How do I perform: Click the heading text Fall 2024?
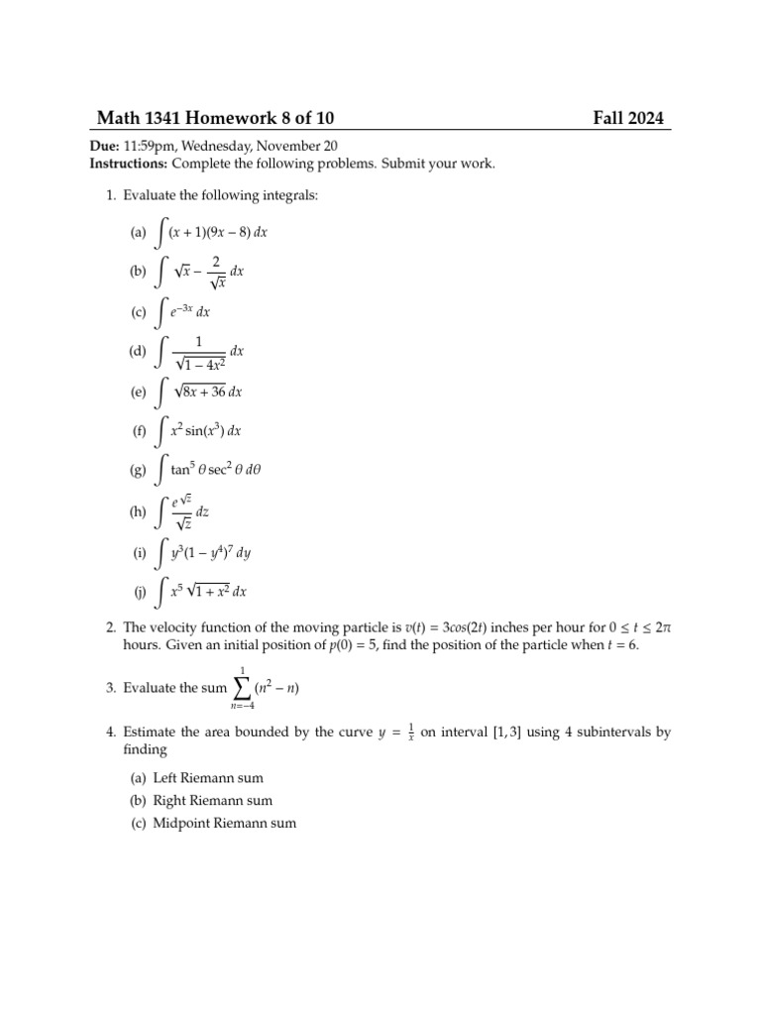point(628,119)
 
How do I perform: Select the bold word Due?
point(105,147)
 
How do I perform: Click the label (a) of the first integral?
point(137,233)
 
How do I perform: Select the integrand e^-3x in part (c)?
point(182,312)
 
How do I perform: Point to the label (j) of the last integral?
point(139,592)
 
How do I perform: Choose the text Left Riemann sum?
point(208,778)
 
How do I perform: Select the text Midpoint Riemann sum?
point(225,823)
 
